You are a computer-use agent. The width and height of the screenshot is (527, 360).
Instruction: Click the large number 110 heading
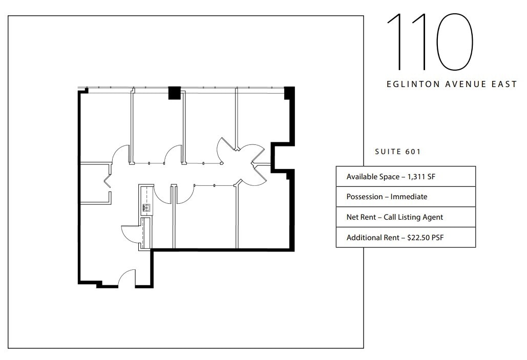point(429,41)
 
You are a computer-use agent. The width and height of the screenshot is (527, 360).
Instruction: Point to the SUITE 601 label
point(398,152)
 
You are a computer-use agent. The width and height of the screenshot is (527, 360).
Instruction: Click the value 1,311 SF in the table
point(421,177)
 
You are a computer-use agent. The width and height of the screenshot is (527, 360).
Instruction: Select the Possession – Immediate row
point(387,197)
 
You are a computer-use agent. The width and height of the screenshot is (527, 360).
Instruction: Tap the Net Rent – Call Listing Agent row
point(394,217)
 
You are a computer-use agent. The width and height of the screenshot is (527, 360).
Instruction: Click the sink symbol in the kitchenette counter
point(145,207)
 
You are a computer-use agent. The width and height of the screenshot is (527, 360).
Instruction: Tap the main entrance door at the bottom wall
point(127,279)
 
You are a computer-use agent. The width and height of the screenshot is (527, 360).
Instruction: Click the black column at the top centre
point(175,93)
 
